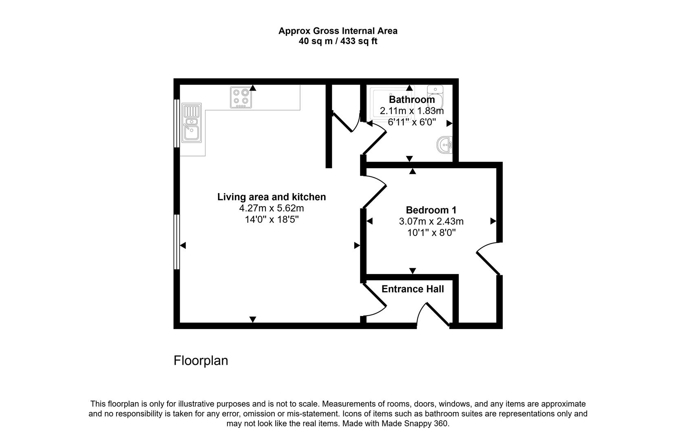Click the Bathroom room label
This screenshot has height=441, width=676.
412,100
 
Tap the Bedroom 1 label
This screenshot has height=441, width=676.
431,210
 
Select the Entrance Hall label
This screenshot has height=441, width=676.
413,289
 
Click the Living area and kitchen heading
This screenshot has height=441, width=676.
272,197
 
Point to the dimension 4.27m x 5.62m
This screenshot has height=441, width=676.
272,208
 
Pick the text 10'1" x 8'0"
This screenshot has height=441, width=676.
431,233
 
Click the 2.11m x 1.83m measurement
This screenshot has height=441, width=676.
412,111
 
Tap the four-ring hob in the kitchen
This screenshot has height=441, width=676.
241,97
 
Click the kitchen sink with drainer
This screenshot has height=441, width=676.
191,123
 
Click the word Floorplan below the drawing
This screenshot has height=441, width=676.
201,361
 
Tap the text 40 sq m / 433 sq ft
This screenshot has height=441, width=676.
338,41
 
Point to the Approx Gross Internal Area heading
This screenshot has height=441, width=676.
338,31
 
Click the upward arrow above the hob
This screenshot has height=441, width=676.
253,87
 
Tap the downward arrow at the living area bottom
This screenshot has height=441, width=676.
253,319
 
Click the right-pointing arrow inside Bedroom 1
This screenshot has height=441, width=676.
493,221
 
